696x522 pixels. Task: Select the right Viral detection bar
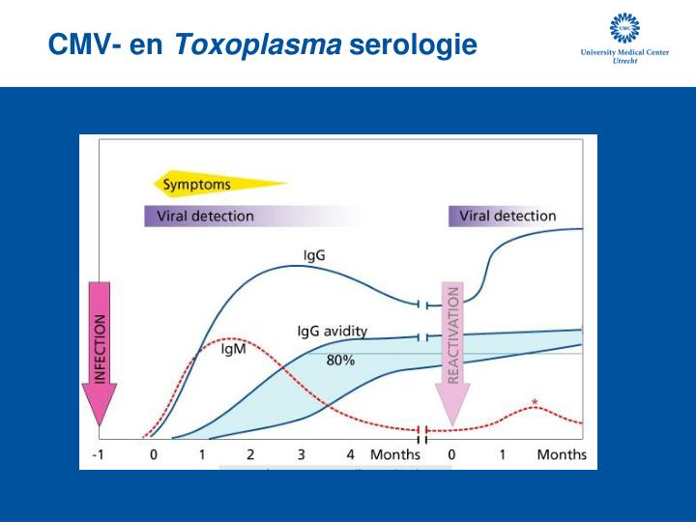click(x=507, y=216)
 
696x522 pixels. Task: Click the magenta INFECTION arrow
click(x=100, y=353)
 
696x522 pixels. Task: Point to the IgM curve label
click(x=234, y=350)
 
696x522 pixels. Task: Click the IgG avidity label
click(x=332, y=331)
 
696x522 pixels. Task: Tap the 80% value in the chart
click(x=339, y=360)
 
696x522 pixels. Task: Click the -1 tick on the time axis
click(x=100, y=454)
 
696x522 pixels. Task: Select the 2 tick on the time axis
click(x=250, y=454)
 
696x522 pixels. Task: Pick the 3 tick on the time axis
click(x=301, y=454)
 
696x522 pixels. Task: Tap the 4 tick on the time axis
click(x=351, y=454)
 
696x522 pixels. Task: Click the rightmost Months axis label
click(x=562, y=454)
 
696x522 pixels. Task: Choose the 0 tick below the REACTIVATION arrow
click(x=452, y=454)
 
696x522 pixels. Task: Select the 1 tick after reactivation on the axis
click(x=503, y=454)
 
